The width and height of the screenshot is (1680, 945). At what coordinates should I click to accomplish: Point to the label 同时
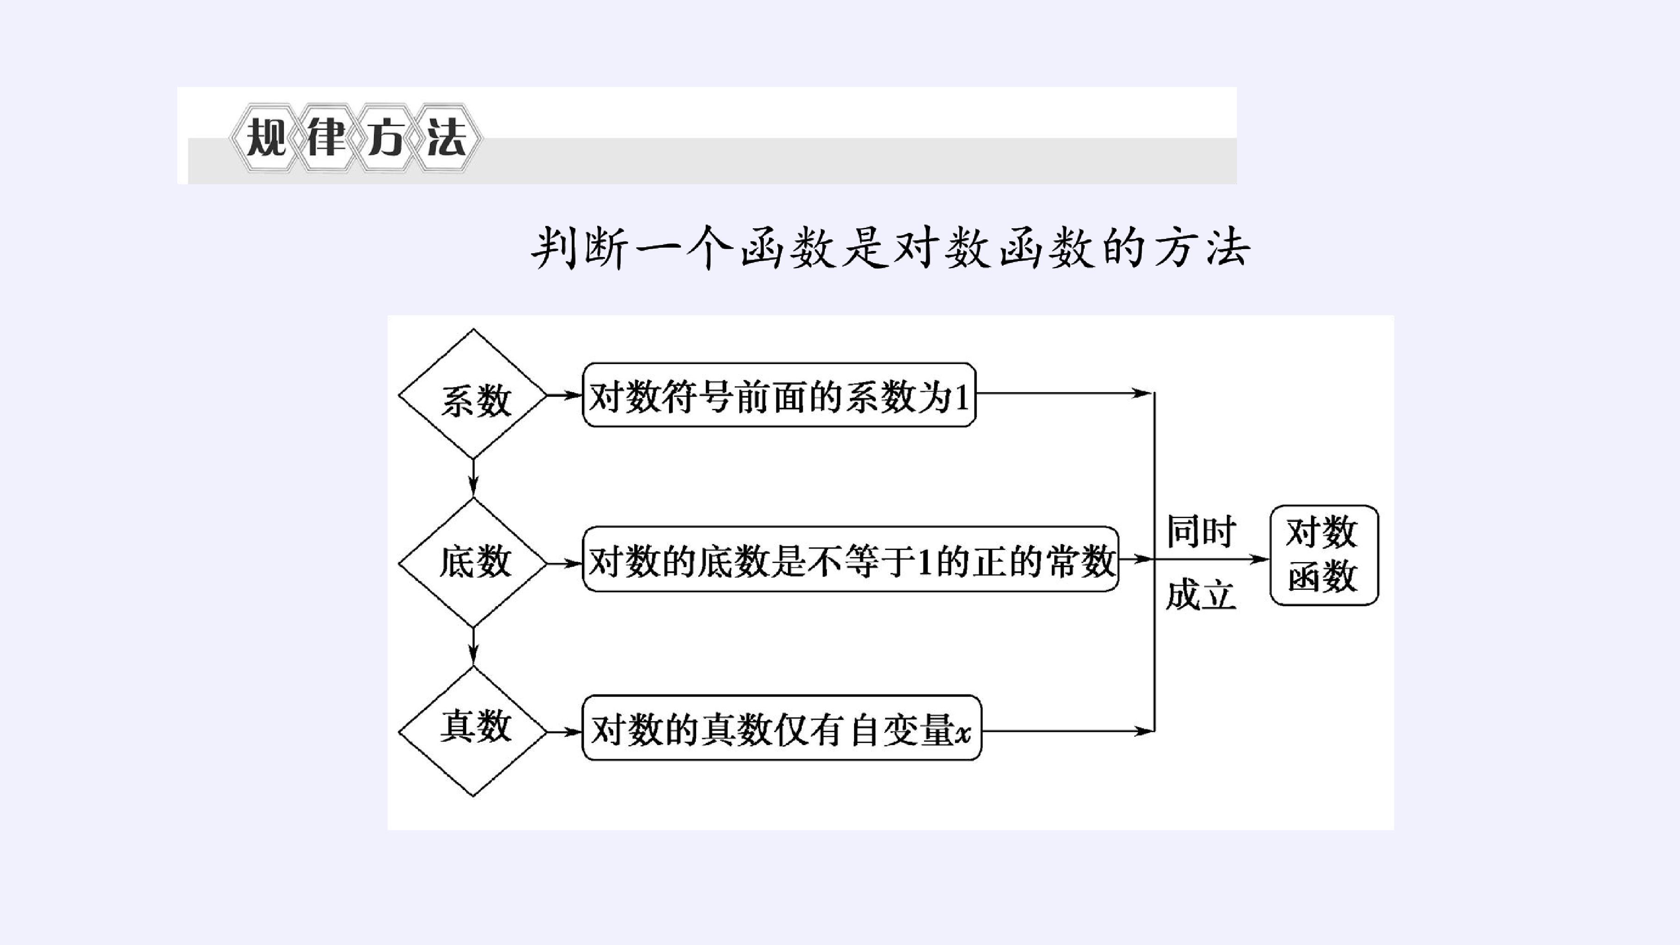tap(1201, 531)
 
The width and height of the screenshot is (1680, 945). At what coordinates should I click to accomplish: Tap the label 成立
tap(1201, 595)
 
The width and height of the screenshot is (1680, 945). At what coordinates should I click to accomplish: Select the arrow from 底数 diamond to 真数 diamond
tap(474, 647)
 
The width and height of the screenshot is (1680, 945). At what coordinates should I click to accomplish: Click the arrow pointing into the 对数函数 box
tap(1212, 559)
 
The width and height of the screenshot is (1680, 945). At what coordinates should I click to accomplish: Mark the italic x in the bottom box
tap(963, 734)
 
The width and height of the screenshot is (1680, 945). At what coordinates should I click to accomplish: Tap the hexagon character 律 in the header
tap(326, 138)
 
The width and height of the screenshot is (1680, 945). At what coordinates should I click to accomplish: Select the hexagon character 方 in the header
tap(386, 138)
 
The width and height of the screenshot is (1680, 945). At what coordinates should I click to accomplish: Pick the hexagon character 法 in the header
tap(447, 138)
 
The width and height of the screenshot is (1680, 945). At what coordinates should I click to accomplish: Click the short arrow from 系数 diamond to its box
tap(564, 394)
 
